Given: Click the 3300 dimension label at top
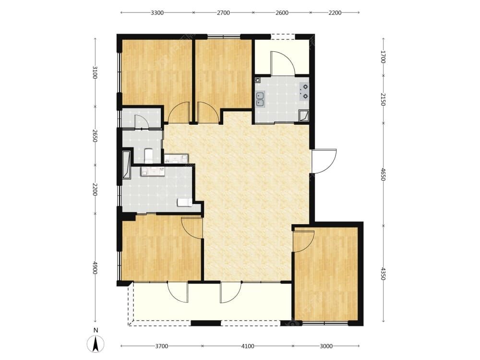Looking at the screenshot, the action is click(x=157, y=12).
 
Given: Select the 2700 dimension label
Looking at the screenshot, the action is click(x=224, y=12).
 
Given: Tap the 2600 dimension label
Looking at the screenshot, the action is click(x=282, y=12).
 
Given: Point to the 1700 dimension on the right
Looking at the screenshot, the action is click(x=383, y=57).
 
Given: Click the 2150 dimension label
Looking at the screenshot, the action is click(x=383, y=99).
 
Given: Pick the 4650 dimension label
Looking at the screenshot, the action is click(x=383, y=174).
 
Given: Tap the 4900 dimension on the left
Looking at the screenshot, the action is click(x=95, y=268).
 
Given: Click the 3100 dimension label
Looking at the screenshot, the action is click(x=95, y=72).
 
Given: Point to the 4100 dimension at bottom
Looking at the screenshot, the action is click(x=248, y=346).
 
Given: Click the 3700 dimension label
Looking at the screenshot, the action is click(x=162, y=346).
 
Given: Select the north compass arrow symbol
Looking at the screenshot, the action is click(x=96, y=344).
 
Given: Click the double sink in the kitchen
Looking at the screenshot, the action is click(x=260, y=99).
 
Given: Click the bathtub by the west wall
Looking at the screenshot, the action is click(x=126, y=164).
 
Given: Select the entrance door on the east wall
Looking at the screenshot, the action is click(x=324, y=161).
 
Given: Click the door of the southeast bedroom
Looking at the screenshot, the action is click(x=303, y=241).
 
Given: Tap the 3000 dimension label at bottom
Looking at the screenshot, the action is click(x=326, y=346).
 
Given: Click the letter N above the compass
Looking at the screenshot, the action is click(x=96, y=330).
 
